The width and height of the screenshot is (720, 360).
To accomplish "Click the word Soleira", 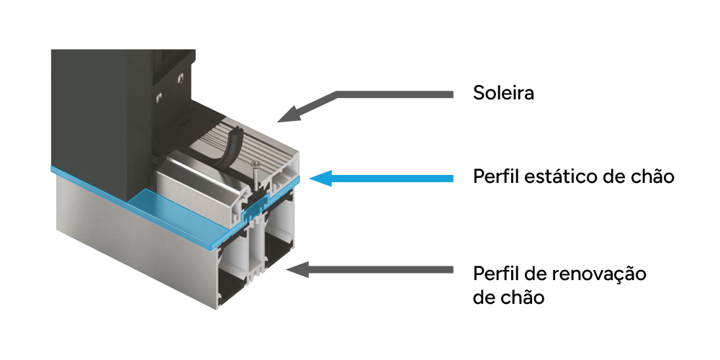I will (503, 93).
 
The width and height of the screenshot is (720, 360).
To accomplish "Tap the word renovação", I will (601, 274).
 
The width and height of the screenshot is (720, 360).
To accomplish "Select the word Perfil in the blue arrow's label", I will (495, 176).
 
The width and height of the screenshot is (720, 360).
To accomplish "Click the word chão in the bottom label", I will (519, 297).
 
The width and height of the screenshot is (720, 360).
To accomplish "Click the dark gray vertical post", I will (94, 108).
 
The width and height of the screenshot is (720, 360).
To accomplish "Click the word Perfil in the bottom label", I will (495, 274).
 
